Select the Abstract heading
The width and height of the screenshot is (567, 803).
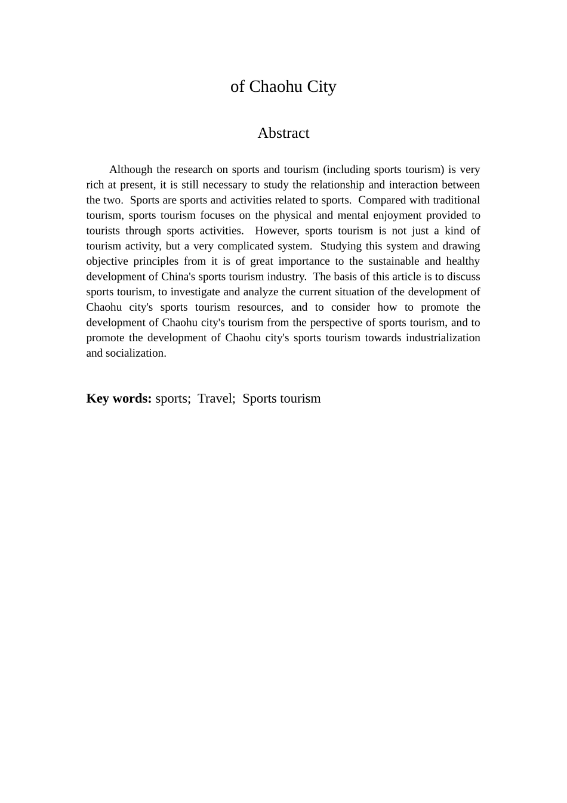point(283,133)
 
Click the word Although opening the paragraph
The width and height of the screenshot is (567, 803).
point(131,169)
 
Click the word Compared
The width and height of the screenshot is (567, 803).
point(381,200)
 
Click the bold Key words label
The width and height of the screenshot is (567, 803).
point(119,399)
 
